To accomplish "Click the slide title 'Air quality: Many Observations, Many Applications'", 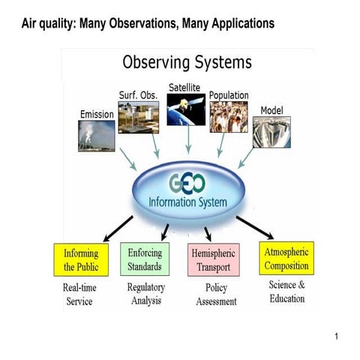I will (x=149, y=23).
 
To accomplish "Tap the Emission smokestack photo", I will (x=97, y=136).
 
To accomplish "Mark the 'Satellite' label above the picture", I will (x=184, y=87).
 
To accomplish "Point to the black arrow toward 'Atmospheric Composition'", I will (x=254, y=226).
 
